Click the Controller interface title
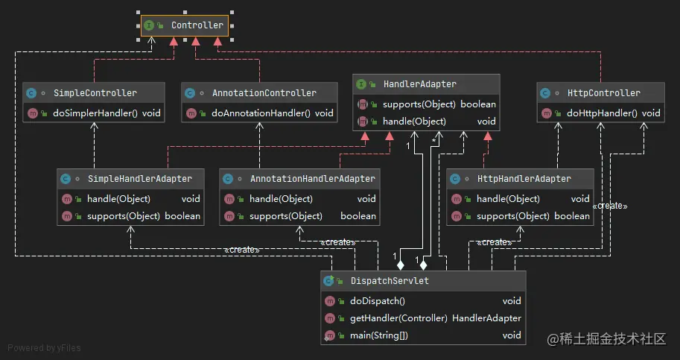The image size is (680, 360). tap(197, 25)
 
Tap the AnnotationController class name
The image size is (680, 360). tap(264, 93)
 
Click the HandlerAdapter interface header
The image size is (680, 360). tap(419, 84)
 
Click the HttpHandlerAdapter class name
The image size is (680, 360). tap(524, 179)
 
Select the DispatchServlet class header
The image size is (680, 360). tap(389, 281)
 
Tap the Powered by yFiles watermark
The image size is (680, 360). tap(44, 347)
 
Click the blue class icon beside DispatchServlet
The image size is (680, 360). tap(328, 281)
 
